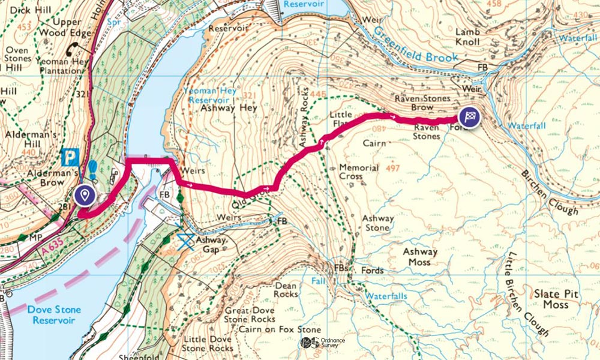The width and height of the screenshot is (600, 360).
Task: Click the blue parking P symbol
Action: [x=70, y=158]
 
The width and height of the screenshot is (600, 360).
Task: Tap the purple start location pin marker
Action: [x=85, y=195]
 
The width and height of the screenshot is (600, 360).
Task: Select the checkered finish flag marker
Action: [x=471, y=118]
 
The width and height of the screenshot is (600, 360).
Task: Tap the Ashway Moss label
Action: [x=420, y=257]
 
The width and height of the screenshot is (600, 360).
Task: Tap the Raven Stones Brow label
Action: [x=423, y=102]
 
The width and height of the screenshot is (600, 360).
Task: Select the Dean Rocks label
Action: [x=286, y=290]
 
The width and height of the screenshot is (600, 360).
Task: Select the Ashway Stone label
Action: [x=378, y=224]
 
